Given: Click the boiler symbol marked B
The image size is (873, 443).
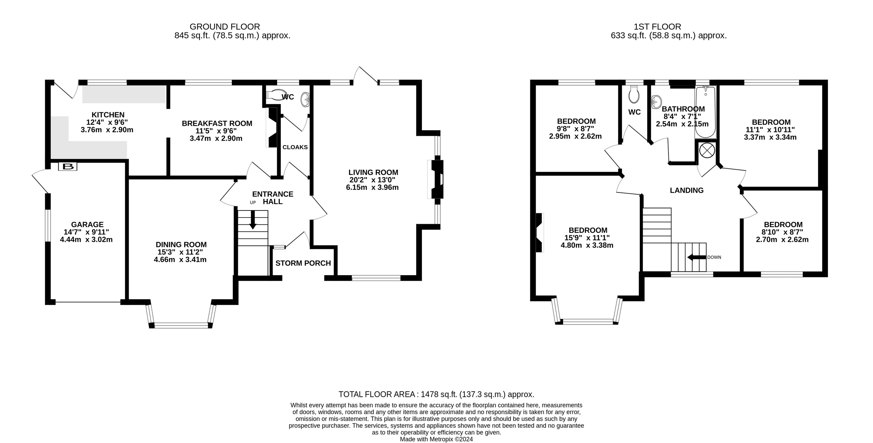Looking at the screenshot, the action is click(68, 166).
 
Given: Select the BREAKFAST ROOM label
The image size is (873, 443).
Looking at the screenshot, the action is click(217, 124).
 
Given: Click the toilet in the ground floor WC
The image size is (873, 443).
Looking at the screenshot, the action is click(276, 95).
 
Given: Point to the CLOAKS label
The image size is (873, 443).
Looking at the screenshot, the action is click(295, 147).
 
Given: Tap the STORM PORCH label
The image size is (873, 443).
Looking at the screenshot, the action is click(303, 263).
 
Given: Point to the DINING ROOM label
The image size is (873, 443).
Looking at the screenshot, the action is click(181, 245).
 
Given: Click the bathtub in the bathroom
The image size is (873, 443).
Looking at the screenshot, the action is click(705, 112).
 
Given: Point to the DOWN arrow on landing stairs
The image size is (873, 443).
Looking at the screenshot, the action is click(697, 257).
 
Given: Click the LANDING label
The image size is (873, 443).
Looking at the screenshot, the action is click(686, 190).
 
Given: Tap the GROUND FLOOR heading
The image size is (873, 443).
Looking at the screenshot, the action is click(225, 26).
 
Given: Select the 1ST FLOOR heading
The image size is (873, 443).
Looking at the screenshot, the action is click(657, 26).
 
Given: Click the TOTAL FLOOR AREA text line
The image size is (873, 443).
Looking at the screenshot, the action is click(436, 394).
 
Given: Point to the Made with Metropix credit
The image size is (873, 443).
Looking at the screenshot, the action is click(436, 439).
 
